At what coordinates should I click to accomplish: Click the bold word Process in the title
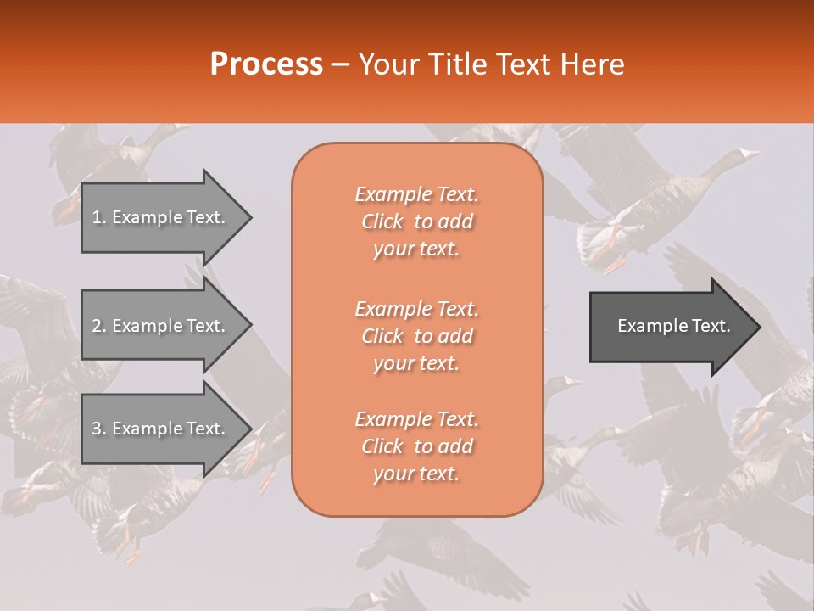tap(266, 64)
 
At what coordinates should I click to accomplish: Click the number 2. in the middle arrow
tap(99, 326)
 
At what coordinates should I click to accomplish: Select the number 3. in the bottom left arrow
tap(99, 429)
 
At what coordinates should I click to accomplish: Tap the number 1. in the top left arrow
tap(99, 217)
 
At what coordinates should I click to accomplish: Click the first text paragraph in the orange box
tap(416, 221)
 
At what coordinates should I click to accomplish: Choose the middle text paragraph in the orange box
tap(416, 336)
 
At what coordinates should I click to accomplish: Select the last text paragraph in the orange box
tap(416, 446)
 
